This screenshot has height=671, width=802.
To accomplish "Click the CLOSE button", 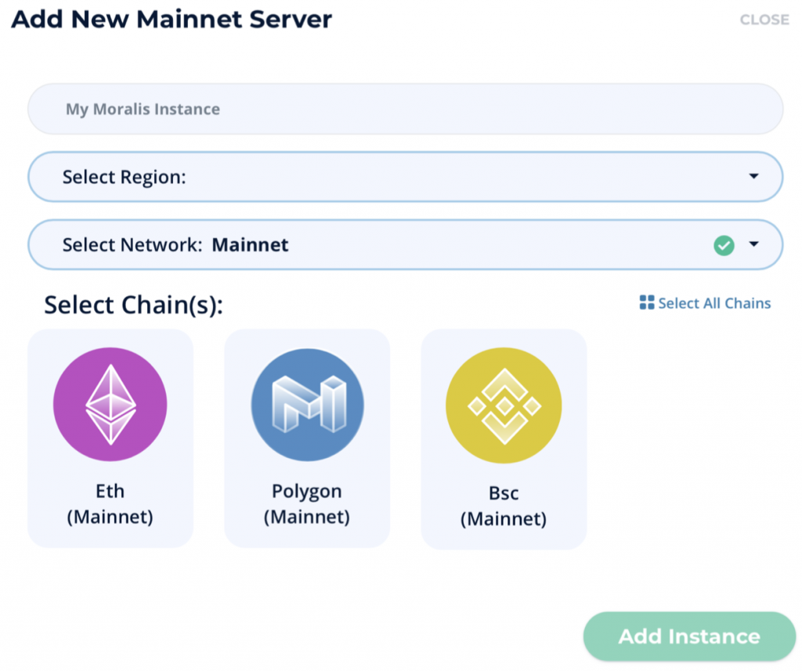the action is tap(764, 20).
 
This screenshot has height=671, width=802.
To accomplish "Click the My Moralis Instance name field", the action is tap(405, 109).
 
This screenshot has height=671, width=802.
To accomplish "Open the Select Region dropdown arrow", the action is tap(753, 176).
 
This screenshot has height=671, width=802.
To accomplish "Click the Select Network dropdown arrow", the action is tap(753, 244).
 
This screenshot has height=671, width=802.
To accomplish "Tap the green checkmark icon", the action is tap(724, 246).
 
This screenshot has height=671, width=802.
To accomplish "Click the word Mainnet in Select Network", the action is tap(250, 245).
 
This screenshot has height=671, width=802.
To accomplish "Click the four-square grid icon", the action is tap(646, 302).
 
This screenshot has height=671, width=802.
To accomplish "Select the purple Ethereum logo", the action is tap(110, 404).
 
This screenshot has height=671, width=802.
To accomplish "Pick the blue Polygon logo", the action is tap(307, 405).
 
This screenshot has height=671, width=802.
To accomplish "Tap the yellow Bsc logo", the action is tap(504, 405).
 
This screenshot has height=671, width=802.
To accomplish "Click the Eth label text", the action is tap(110, 491).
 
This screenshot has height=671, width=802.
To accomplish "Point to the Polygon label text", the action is tap(307, 492).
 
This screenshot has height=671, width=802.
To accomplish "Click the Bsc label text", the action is tap(504, 493).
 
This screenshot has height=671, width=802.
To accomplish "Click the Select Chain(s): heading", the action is tap(133, 305).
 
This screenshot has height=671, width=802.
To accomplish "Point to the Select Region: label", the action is tap(125, 178).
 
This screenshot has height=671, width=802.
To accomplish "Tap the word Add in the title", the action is tap(37, 20).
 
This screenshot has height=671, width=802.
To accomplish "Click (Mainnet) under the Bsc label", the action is tap(504, 519).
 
